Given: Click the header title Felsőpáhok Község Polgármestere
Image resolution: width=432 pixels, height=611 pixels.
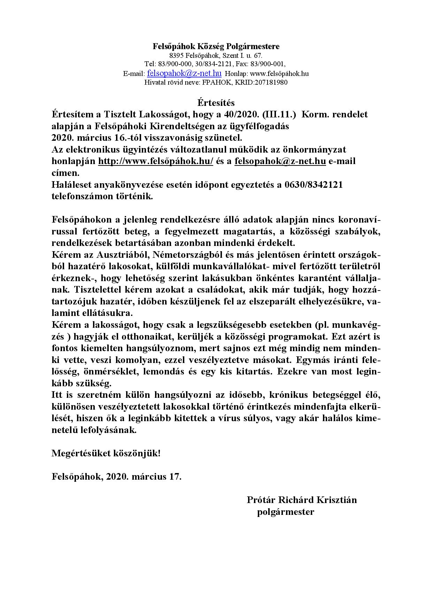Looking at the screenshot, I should point(216,46).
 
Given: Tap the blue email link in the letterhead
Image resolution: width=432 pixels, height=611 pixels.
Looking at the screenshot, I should point(184,73).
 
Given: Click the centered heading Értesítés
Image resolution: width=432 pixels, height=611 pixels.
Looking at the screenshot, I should point(216,103).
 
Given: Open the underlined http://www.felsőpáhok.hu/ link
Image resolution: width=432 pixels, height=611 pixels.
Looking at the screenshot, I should point(155,161).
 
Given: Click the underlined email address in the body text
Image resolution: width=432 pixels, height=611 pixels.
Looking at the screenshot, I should point(280,161).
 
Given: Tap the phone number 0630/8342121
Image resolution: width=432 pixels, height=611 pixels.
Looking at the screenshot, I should point(314,185).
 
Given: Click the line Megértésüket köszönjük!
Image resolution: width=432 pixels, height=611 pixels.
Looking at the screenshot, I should point(106,453).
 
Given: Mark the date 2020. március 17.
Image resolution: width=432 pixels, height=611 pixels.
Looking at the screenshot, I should point(144,477).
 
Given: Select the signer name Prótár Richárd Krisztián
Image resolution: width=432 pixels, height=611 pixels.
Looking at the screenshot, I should point(302,500).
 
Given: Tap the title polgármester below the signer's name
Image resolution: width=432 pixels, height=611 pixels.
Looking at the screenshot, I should point(286,512).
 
